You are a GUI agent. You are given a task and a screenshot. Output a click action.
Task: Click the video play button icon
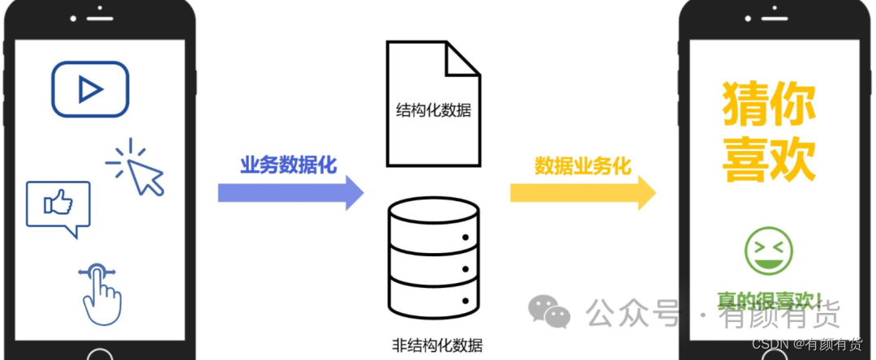click(x=90, y=89)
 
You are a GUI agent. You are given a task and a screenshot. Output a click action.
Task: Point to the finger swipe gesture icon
click(x=99, y=293)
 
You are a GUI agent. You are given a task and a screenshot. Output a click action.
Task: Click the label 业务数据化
click(x=288, y=165)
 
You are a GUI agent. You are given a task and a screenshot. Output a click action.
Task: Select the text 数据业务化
click(x=582, y=165)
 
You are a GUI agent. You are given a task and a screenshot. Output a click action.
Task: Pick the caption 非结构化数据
click(x=436, y=345)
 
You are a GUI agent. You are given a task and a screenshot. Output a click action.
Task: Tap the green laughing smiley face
click(x=768, y=249)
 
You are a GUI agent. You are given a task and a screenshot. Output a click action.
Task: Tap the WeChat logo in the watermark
click(x=549, y=311)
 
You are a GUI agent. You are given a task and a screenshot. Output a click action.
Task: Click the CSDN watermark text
click(x=807, y=345)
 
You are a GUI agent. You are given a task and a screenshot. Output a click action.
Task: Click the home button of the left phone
click(x=100, y=354)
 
